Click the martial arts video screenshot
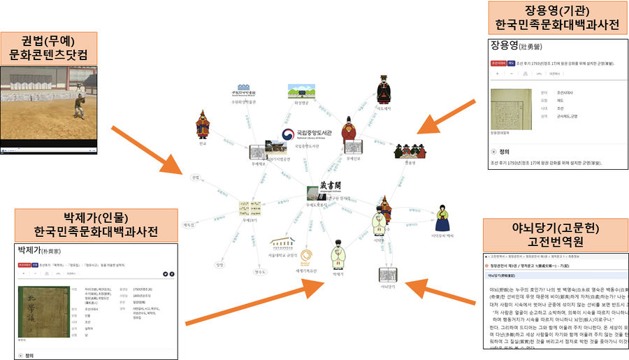(x=49, y=108)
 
